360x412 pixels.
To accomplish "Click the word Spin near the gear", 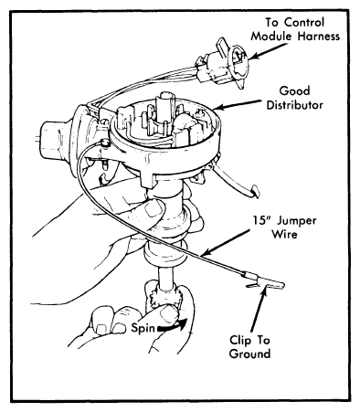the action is pyautogui.click(x=143, y=328).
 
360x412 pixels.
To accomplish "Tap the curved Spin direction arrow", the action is pyautogui.click(x=172, y=326).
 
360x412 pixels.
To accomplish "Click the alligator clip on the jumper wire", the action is pyautogui.click(x=262, y=282).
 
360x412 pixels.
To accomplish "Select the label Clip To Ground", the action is pyautogui.click(x=249, y=347).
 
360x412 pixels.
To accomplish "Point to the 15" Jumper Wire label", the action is pyautogui.click(x=284, y=227).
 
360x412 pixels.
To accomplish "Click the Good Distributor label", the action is pyautogui.click(x=295, y=98).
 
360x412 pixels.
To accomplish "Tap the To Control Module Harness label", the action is pyautogui.click(x=295, y=29).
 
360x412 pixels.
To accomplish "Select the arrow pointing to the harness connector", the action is pyautogui.click(x=269, y=50).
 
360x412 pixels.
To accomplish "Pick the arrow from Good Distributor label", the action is pyautogui.click(x=237, y=104).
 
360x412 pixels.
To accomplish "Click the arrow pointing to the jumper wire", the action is pyautogui.click(x=226, y=243).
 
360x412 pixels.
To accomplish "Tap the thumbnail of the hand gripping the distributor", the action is pyautogui.click(x=154, y=208).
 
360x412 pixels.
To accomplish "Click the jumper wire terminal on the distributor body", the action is pyautogui.click(x=104, y=143).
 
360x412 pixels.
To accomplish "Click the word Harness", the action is pyautogui.click(x=319, y=37).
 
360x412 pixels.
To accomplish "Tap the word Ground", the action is pyautogui.click(x=249, y=354).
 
